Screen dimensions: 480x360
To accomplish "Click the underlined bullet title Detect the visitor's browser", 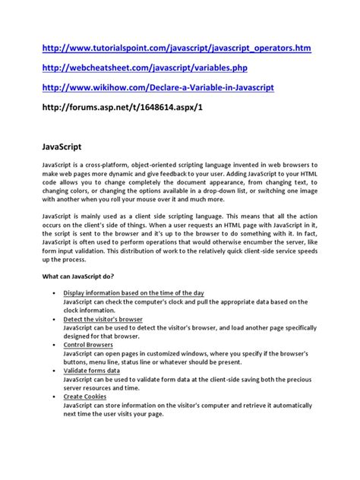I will pos(103,318).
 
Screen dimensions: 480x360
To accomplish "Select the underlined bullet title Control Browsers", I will pos(90,344).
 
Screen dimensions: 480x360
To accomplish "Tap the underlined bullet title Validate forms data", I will pos(96,370).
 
